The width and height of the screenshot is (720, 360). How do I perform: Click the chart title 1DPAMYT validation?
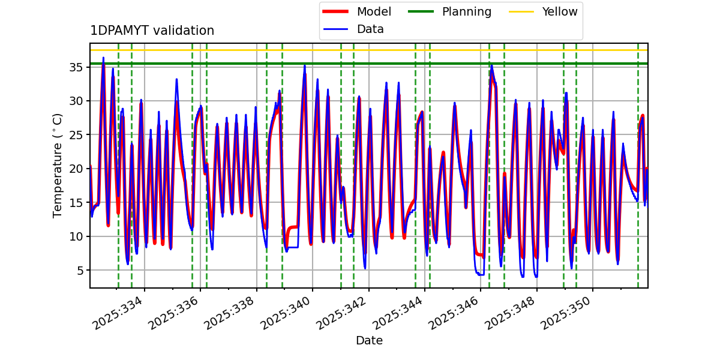pyautogui.click(x=152, y=31)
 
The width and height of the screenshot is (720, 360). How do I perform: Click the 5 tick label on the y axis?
pyautogui.click(x=80, y=271)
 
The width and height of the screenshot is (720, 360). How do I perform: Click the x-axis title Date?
pyautogui.click(x=369, y=341)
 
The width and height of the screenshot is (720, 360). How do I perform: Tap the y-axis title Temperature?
pyautogui.click(x=58, y=165)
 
